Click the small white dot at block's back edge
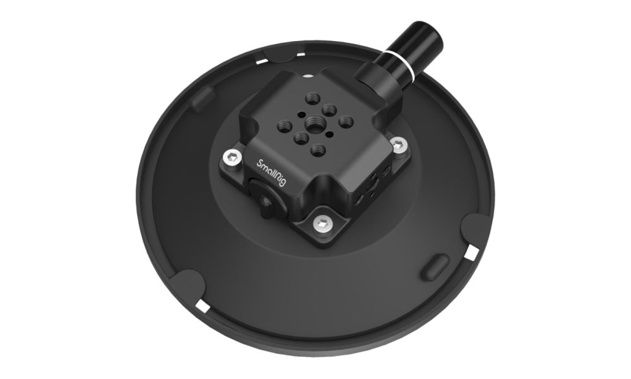pos(308,76)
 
